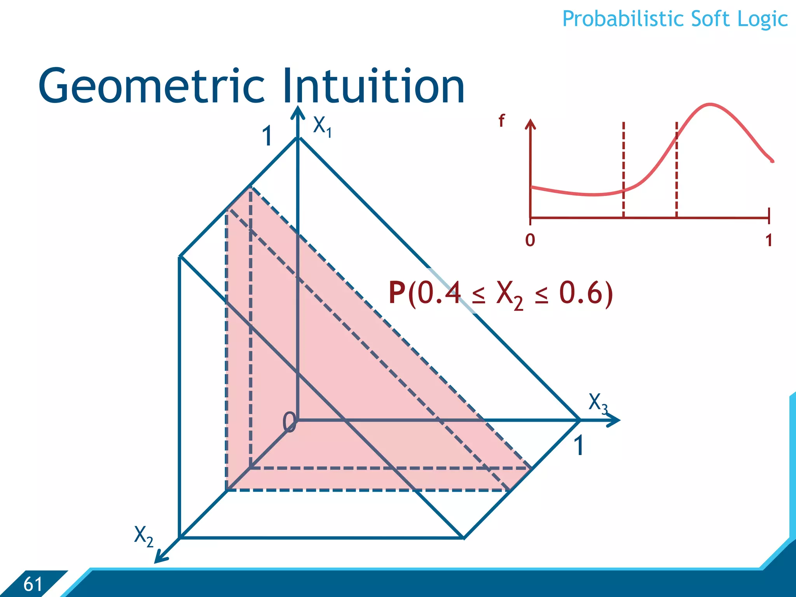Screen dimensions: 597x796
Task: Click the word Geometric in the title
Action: [152, 86]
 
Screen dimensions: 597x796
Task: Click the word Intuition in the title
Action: [373, 86]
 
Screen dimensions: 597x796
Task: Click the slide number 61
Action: [33, 584]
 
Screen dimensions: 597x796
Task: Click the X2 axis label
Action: [143, 536]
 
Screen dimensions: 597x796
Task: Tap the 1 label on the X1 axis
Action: [267, 137]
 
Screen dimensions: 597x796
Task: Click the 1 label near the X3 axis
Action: [579, 445]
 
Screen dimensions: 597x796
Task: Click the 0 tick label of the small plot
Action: [530, 240]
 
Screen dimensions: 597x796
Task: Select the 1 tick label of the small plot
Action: [768, 240]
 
